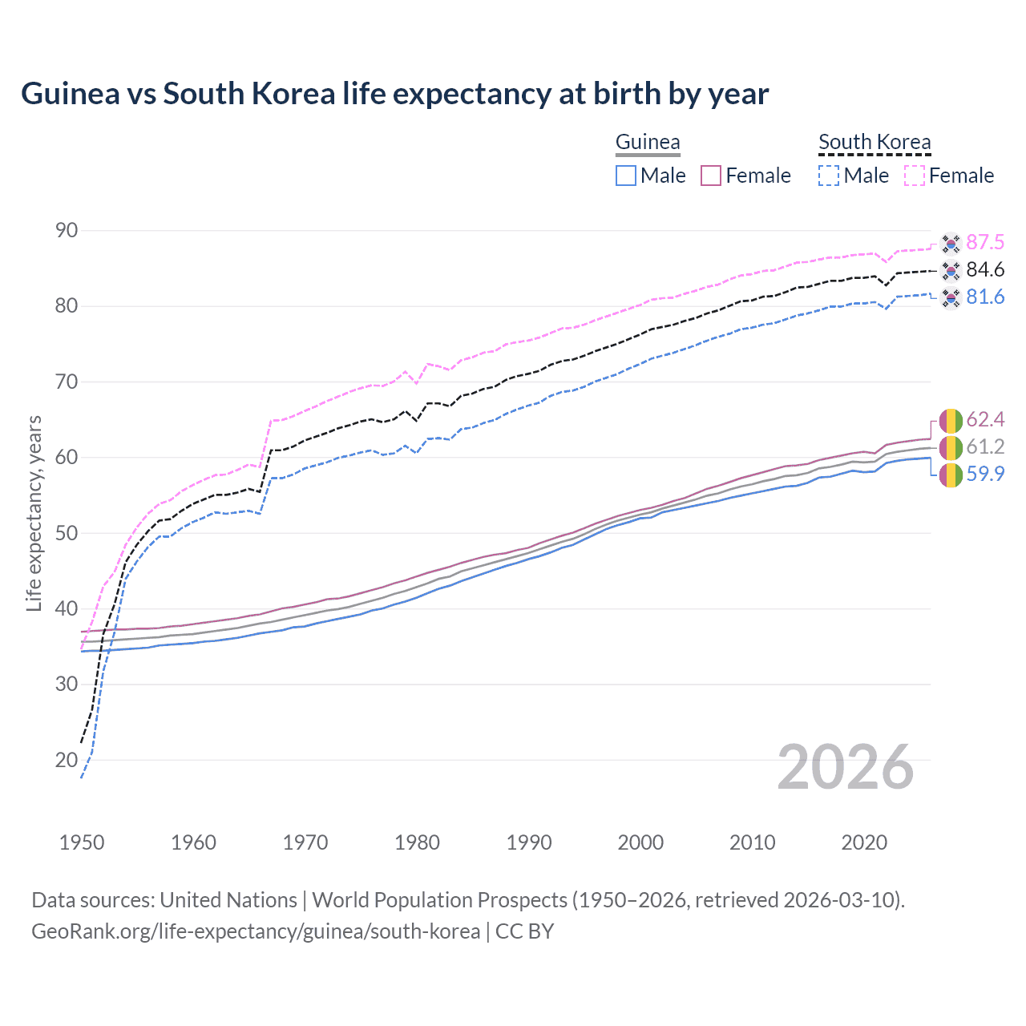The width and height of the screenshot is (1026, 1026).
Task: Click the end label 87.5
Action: pos(985,242)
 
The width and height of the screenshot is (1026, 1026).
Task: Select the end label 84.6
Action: pos(985,269)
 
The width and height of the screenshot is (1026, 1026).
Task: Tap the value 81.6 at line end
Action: pos(985,297)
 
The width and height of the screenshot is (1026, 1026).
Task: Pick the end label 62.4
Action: pos(985,419)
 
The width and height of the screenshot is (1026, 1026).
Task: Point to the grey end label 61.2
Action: pos(985,446)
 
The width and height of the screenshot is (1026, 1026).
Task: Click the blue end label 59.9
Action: pos(985,474)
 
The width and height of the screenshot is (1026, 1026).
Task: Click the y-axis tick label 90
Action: pos(67,231)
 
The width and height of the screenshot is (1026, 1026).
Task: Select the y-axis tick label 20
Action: pos(67,760)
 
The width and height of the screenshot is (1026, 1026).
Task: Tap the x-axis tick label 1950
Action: pos(82,842)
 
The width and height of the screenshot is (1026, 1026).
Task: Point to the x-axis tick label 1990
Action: pos(529,842)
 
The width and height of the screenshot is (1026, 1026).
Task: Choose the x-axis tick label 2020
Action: pos(864,842)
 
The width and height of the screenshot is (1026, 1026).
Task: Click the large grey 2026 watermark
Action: pos(846,767)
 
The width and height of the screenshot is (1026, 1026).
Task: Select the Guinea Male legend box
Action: pos(626,176)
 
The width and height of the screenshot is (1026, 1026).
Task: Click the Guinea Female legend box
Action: pos(712,176)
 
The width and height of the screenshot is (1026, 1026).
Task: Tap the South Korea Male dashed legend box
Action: pos(829,176)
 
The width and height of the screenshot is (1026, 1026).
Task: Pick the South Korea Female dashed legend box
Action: pos(915,176)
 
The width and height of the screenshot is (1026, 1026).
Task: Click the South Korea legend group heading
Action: pos(875,142)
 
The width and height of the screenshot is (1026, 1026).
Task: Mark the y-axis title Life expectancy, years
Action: pos(34,513)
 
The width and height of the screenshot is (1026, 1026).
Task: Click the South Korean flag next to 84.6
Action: pos(951,270)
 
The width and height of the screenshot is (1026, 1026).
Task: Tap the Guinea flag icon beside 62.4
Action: pos(951,420)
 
